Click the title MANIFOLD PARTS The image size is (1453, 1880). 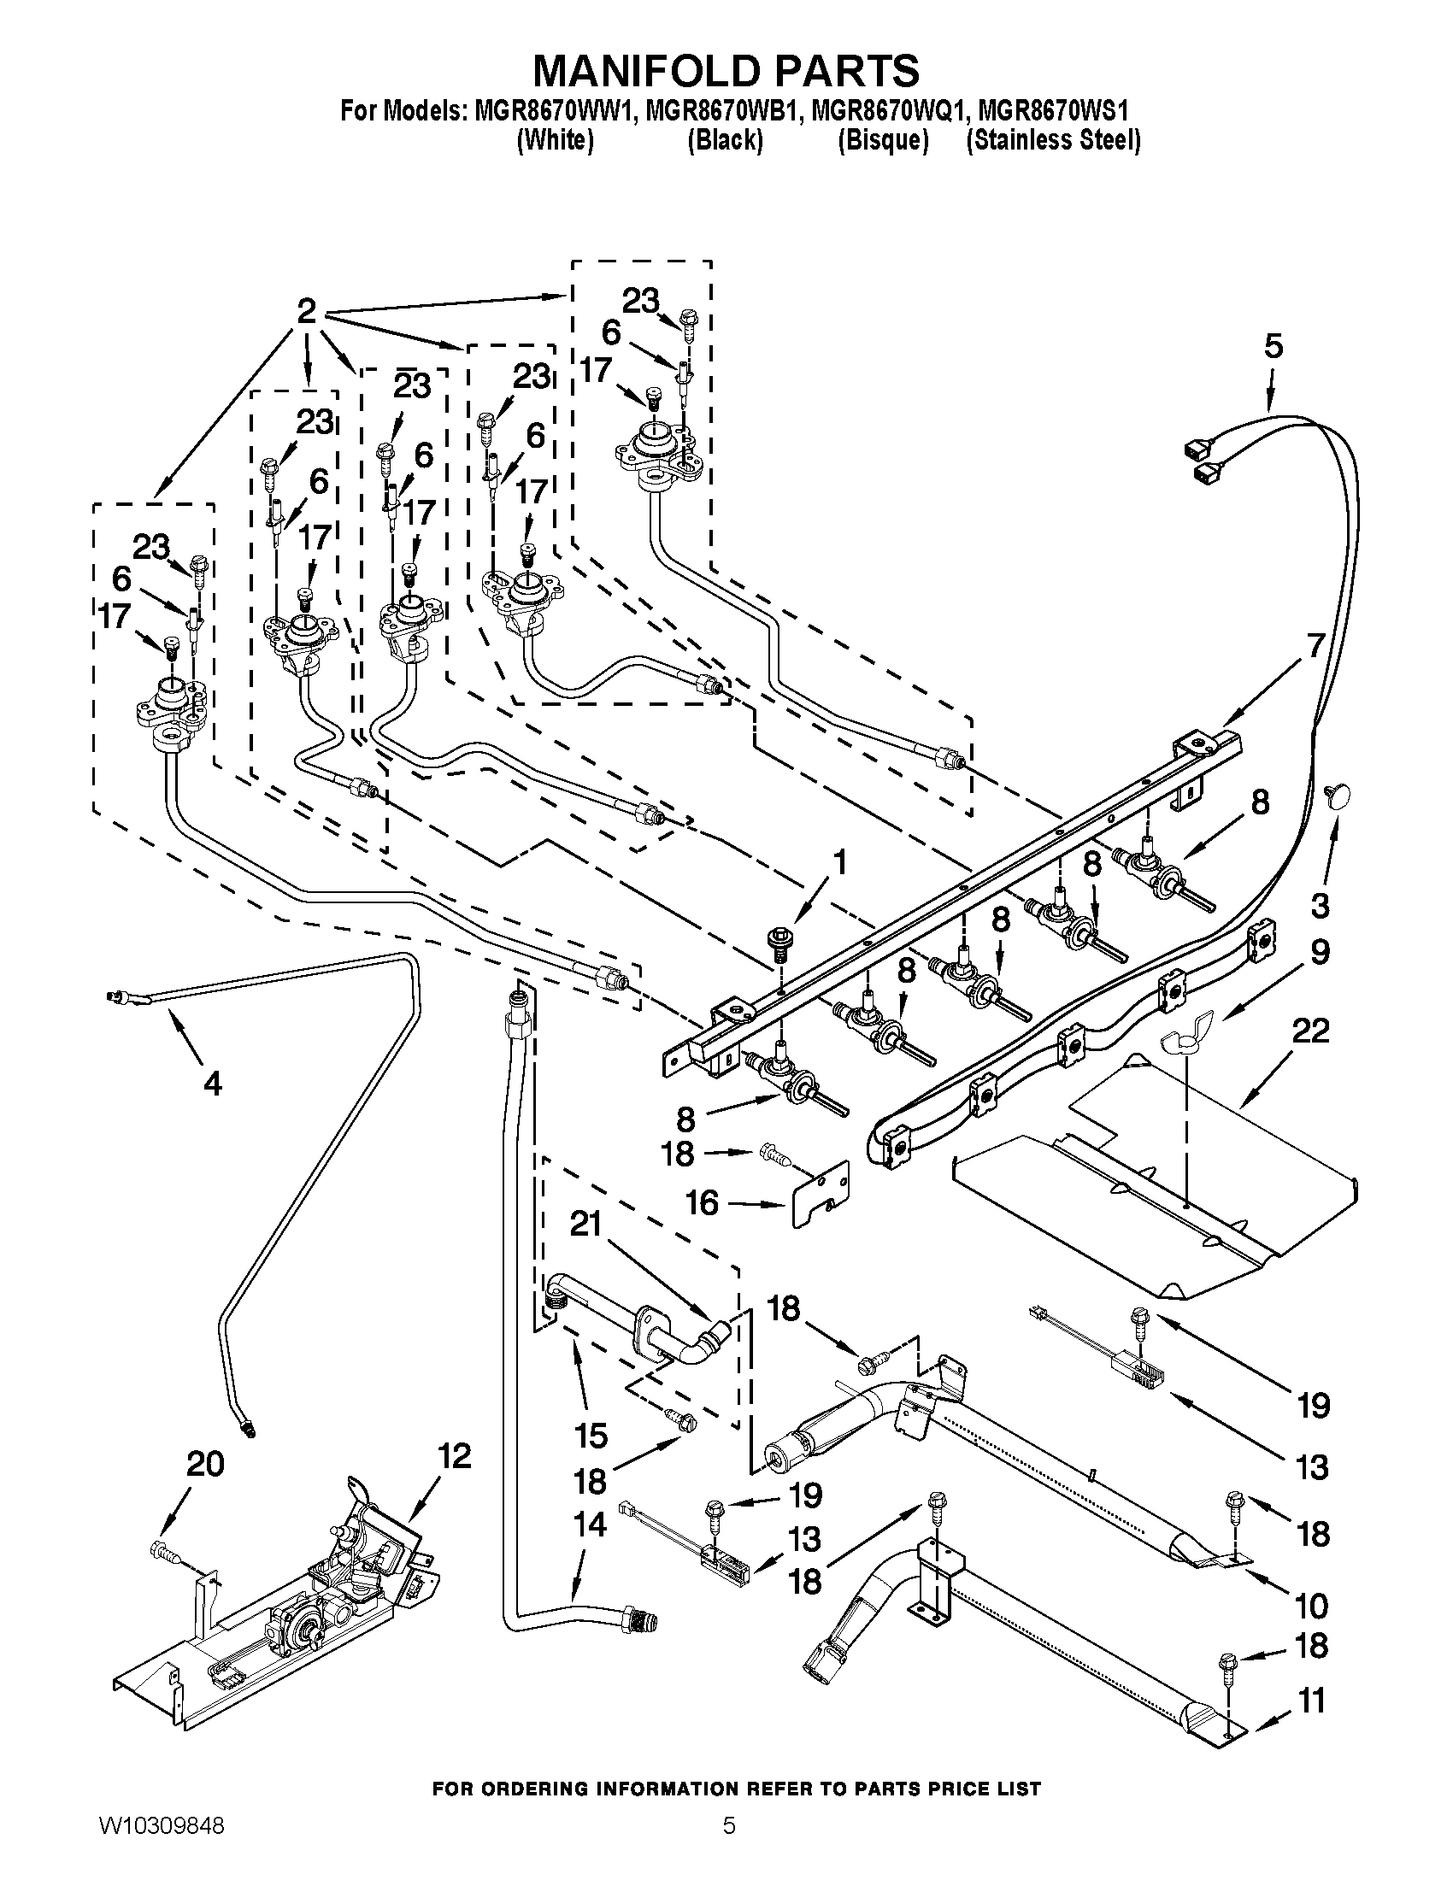726,71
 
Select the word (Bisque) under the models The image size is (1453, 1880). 883,140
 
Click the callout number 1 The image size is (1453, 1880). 838,863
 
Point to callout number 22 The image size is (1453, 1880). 1310,1031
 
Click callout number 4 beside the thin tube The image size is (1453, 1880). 212,1083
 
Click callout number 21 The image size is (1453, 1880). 585,1223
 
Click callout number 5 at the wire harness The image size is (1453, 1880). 1274,347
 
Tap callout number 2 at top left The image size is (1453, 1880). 308,311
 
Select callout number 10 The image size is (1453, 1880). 1311,1606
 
